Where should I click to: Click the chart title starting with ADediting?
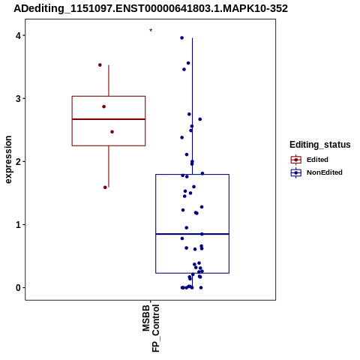151,8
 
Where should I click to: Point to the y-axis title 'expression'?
8,160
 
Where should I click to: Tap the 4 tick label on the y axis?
19,35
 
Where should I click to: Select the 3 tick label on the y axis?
19,98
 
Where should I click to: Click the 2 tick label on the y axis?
19,161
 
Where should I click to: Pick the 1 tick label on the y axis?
19,224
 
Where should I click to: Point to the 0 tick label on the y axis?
19,288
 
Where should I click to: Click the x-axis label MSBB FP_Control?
151,328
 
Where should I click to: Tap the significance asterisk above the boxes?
151,30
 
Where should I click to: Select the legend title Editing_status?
320,145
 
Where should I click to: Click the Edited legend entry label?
317,160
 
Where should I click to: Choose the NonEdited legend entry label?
325,172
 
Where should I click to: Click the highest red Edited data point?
100,65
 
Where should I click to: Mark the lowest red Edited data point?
105,187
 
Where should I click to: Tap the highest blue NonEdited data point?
182,38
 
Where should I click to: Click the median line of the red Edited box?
109,119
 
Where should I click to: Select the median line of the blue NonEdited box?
193,234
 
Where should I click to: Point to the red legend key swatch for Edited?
296,160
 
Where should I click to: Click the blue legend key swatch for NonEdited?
296,172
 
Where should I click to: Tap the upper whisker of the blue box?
192,106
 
